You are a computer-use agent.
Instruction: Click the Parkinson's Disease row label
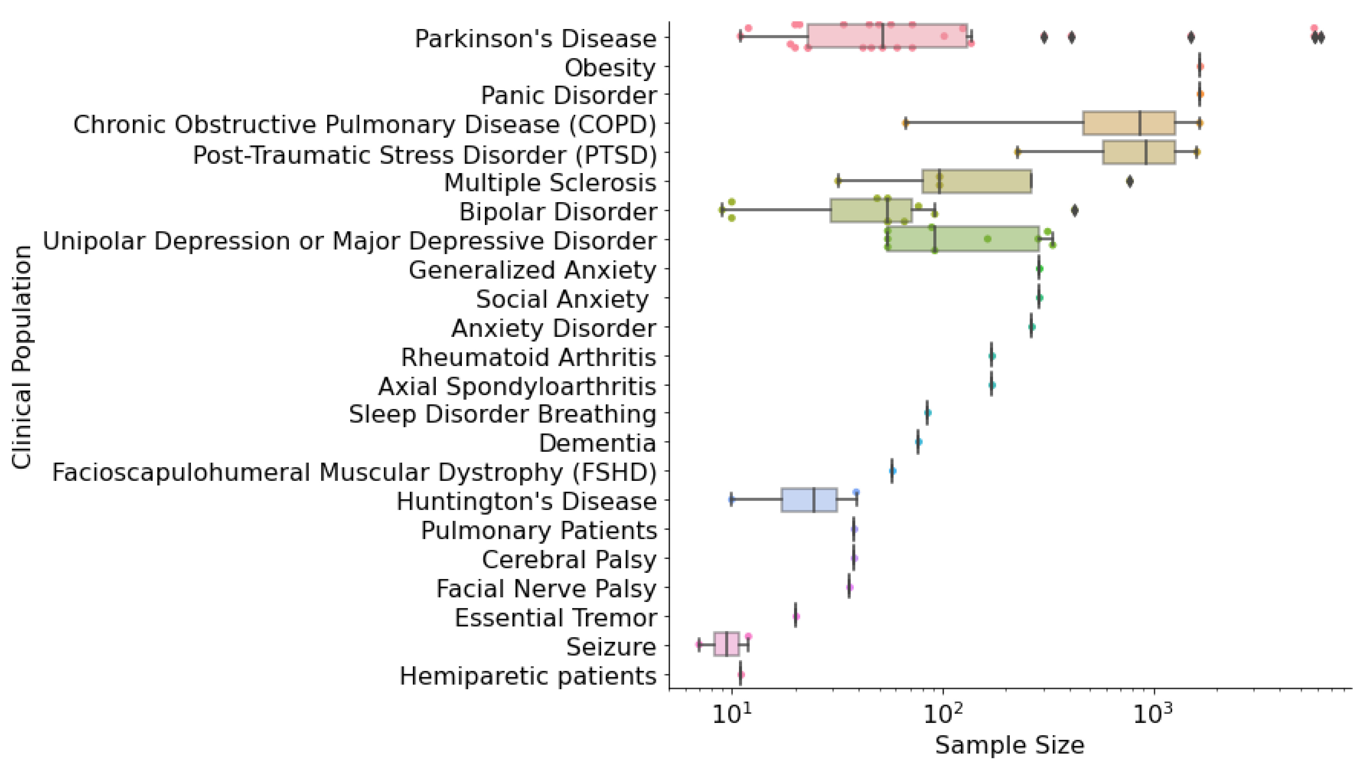coord(535,39)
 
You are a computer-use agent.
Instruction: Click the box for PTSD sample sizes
coord(1139,152)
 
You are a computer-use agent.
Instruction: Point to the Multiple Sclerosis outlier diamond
coord(1129,182)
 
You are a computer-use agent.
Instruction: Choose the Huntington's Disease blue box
coord(809,500)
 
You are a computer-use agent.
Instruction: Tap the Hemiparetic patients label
coord(528,676)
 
